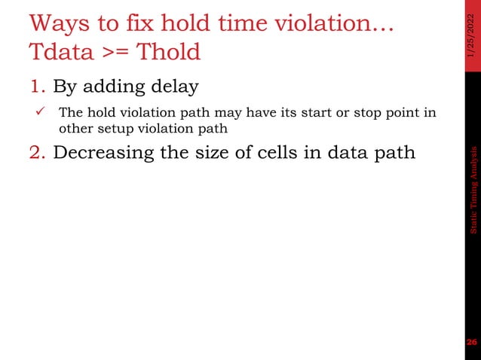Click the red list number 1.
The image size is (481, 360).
[38, 87]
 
